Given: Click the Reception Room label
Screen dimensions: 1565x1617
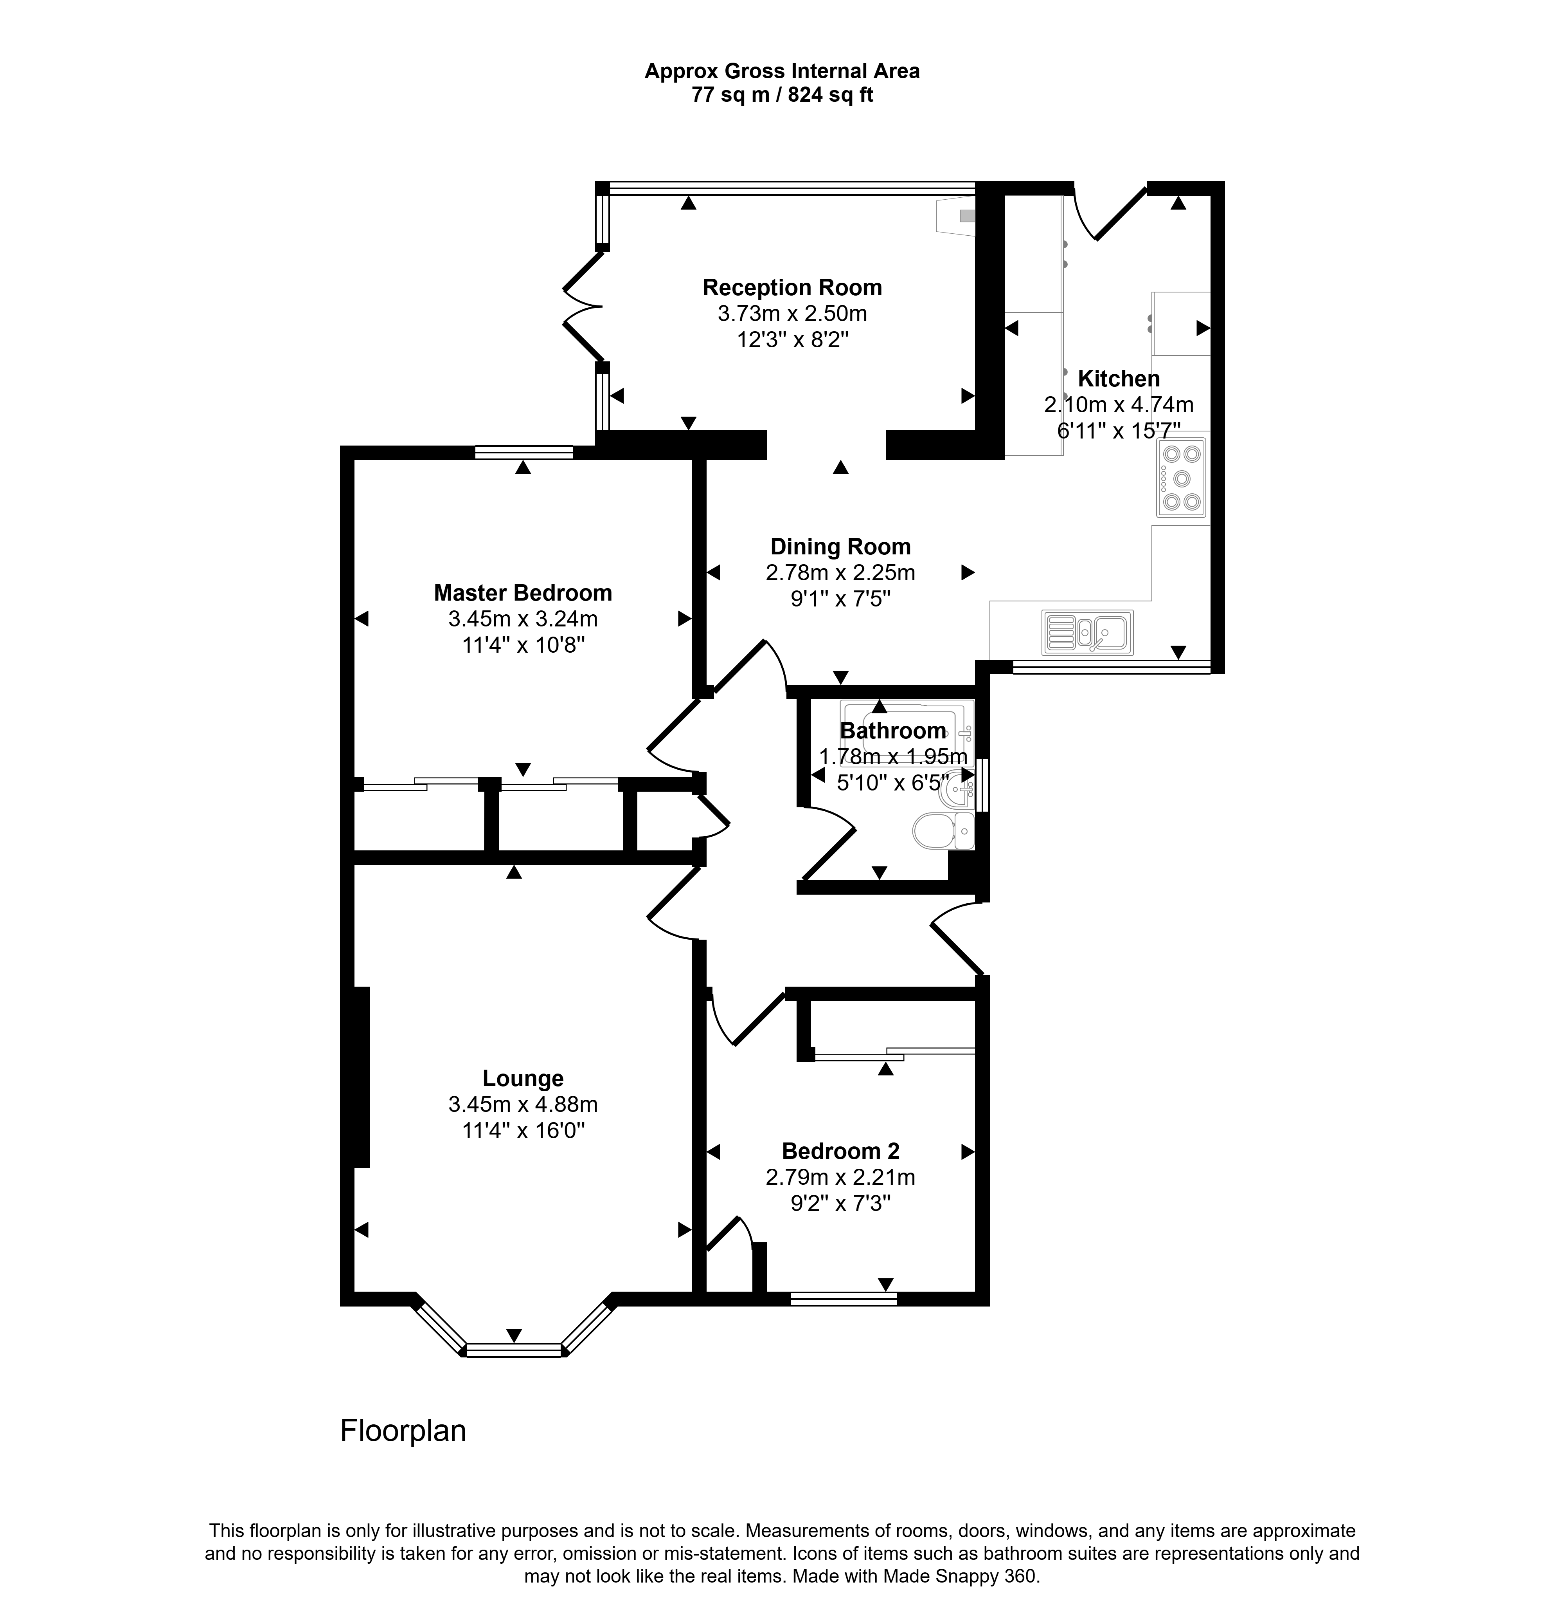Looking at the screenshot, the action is [791, 288].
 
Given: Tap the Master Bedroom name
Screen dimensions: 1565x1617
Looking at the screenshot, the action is [523, 593].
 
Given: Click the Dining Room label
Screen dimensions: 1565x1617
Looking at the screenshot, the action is [840, 547].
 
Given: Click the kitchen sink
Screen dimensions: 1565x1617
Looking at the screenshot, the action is [1088, 632].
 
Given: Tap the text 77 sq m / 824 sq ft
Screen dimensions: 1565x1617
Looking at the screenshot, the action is [782, 95].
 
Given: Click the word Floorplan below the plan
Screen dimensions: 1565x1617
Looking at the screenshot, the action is [403, 1431].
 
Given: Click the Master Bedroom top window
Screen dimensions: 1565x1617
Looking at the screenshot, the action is [523, 452].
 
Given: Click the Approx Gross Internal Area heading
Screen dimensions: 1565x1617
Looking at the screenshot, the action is [782, 72].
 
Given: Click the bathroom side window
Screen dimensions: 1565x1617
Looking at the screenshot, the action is [982, 786].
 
